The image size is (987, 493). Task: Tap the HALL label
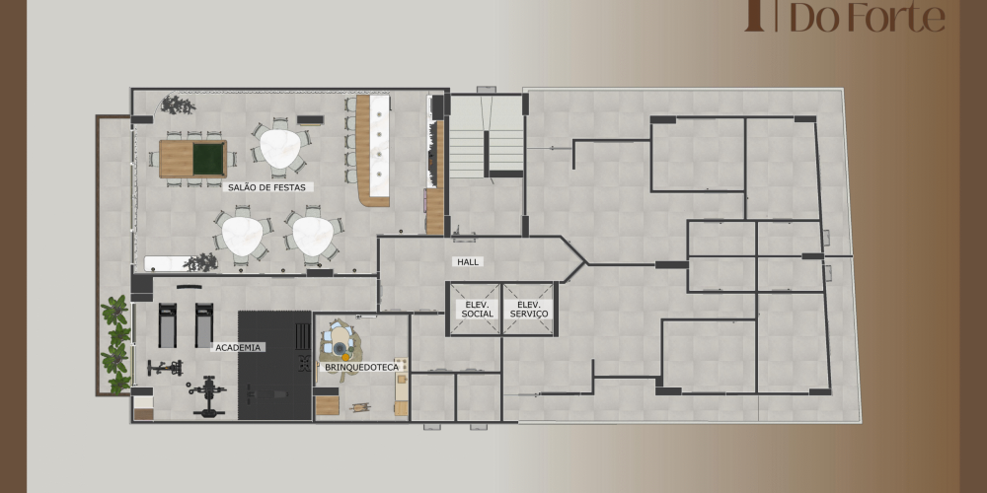click(x=468, y=261)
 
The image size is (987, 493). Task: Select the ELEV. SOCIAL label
click(x=477, y=309)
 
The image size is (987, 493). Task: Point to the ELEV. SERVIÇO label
click(x=529, y=309)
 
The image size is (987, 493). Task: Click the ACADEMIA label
click(x=237, y=347)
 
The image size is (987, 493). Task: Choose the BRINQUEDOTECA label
click(x=360, y=366)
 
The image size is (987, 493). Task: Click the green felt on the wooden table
click(x=208, y=159)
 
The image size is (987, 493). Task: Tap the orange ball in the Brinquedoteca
click(x=345, y=357)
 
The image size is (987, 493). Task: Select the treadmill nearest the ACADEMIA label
click(x=204, y=324)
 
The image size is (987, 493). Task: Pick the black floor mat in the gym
click(x=274, y=366)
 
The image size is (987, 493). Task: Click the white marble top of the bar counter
click(x=379, y=147)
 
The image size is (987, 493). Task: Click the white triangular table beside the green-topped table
click(x=280, y=149)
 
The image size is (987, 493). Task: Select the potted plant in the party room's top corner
click(x=177, y=105)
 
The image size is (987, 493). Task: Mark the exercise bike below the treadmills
click(x=166, y=367)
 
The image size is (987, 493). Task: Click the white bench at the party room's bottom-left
click(x=166, y=263)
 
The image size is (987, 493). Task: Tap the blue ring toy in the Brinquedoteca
click(x=340, y=348)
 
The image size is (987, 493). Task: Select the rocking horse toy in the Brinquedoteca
click(x=360, y=407)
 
